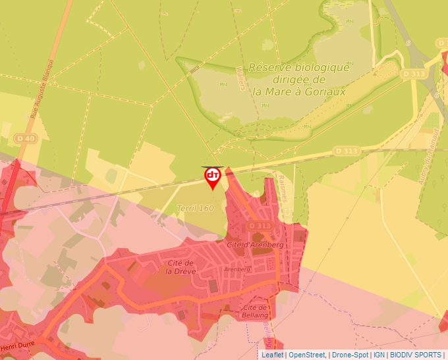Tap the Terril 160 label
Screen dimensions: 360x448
195,209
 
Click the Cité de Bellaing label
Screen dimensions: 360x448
254,311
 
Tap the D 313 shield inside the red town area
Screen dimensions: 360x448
260,226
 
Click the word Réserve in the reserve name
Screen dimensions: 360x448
269,67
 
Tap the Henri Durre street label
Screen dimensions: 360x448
16,346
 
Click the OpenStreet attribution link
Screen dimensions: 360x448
307,355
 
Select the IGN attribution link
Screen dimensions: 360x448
379,355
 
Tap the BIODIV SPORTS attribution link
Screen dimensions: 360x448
416,355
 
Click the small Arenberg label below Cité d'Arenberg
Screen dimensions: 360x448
238,269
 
